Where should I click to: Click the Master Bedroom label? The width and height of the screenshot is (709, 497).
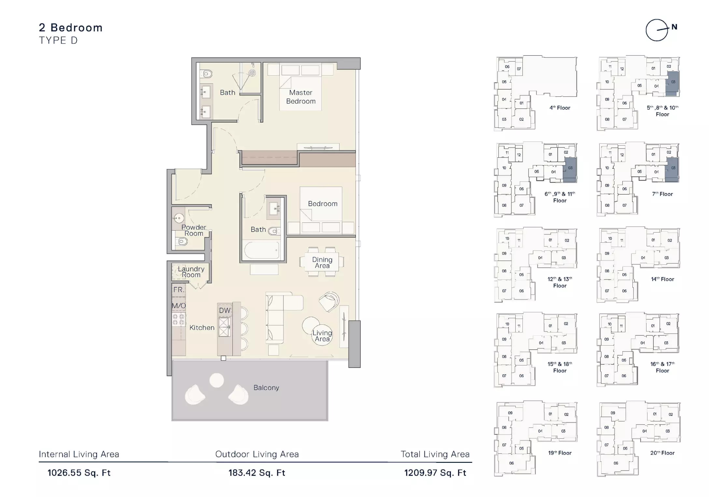[x=301, y=97]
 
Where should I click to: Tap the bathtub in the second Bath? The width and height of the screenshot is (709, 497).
[x=261, y=250]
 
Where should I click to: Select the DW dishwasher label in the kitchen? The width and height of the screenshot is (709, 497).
[x=225, y=310]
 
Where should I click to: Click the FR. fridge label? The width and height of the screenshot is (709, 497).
[x=179, y=290]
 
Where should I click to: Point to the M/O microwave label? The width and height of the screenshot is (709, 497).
[x=179, y=305]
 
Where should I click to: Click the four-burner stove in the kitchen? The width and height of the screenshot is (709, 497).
[x=178, y=319]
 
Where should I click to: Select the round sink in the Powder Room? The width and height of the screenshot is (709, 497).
[x=178, y=218]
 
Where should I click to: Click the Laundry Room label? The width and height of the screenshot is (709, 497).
[x=191, y=272]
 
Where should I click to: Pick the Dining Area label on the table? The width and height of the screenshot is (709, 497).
[x=322, y=263]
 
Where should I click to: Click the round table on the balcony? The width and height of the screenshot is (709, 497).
[x=216, y=380]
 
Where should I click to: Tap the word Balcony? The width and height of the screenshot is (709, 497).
[x=266, y=388]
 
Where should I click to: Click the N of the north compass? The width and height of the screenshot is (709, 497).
[x=674, y=27]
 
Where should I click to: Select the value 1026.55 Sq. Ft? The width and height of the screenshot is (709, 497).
[x=79, y=473]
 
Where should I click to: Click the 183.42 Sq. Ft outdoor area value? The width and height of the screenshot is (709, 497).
[x=257, y=473]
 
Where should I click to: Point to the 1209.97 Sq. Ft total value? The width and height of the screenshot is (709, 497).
[x=435, y=473]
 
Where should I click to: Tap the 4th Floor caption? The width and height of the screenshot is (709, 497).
[x=560, y=108]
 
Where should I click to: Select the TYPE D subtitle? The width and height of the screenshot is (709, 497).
[x=58, y=40]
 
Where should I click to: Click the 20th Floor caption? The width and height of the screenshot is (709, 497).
[x=662, y=453]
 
